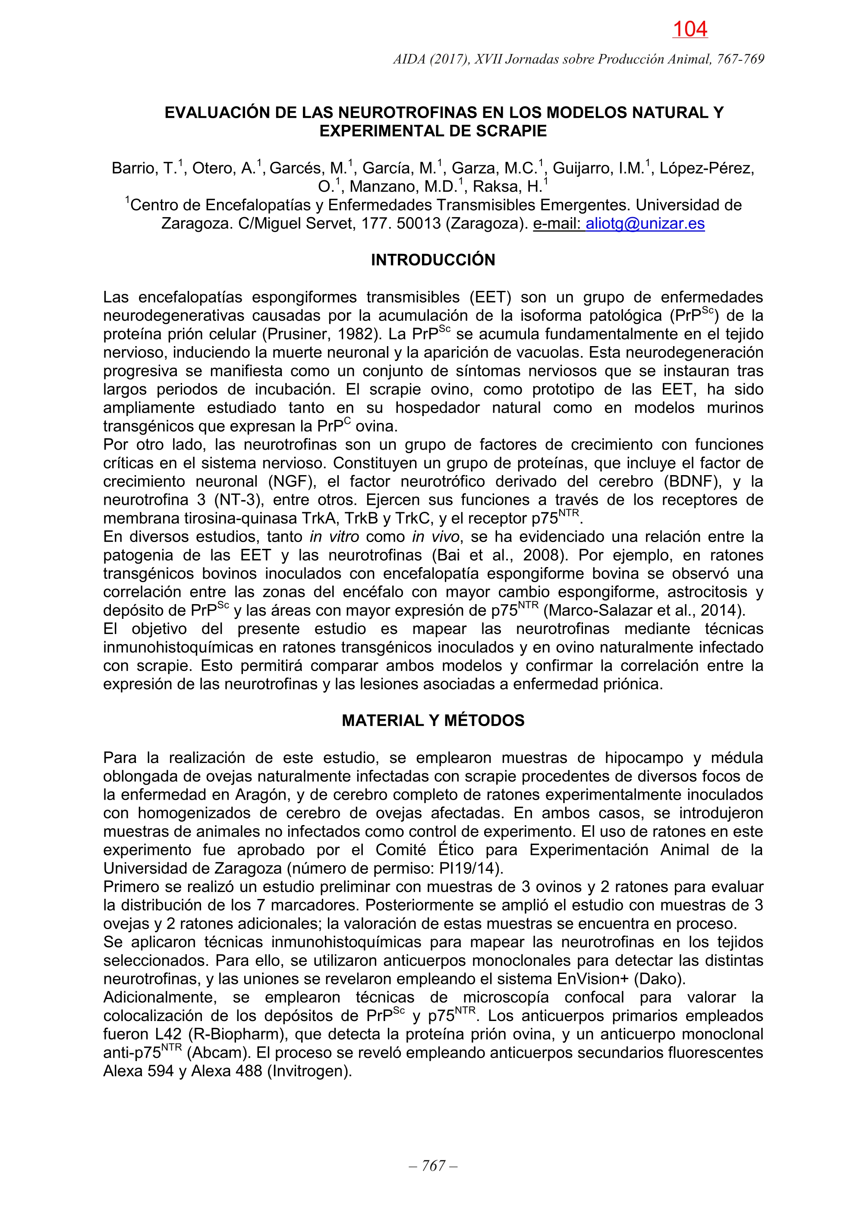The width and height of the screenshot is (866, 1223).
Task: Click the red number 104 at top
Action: click(690, 29)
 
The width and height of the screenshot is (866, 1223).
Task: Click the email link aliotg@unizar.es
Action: click(645, 224)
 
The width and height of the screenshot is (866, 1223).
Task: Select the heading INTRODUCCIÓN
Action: click(433, 260)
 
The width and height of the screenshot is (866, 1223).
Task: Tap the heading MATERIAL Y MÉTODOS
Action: click(433, 721)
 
